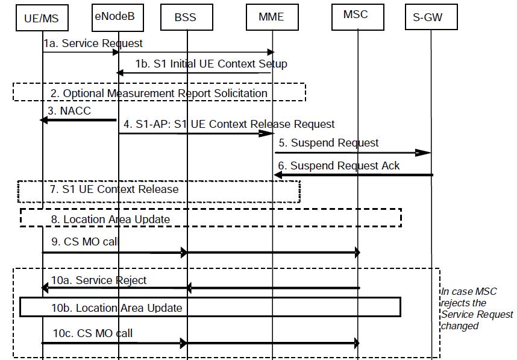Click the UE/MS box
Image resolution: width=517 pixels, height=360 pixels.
[x=42, y=18]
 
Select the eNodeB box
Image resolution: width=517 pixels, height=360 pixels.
[x=117, y=17]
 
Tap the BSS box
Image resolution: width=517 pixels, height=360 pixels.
[x=187, y=17]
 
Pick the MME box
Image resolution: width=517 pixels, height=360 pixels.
[x=272, y=17]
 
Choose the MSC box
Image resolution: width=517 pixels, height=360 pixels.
[x=358, y=17]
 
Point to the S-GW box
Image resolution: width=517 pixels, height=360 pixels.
[x=431, y=17]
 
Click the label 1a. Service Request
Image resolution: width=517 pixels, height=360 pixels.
[x=93, y=43]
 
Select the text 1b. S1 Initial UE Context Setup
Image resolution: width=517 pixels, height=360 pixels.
[x=211, y=64]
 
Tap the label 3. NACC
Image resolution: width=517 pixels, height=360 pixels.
[x=69, y=111]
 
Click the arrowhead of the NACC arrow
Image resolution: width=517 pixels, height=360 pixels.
[x=43, y=120]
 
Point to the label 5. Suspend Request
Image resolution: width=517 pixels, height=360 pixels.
[x=329, y=143]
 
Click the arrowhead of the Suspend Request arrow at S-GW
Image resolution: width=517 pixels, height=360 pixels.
[x=423, y=153]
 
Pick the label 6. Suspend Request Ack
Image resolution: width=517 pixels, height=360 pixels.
[x=339, y=166]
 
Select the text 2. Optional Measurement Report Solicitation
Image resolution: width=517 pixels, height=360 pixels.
[x=159, y=93]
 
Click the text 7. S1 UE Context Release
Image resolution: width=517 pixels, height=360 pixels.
[x=114, y=189]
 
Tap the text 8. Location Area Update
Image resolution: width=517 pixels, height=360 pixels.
[x=110, y=219]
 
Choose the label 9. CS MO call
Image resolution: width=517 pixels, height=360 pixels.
[x=85, y=242]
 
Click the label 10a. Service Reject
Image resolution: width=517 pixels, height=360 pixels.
[x=99, y=280]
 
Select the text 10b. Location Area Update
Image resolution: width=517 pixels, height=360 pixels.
[x=117, y=308]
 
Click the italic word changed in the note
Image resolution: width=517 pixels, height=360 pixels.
[x=460, y=326]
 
